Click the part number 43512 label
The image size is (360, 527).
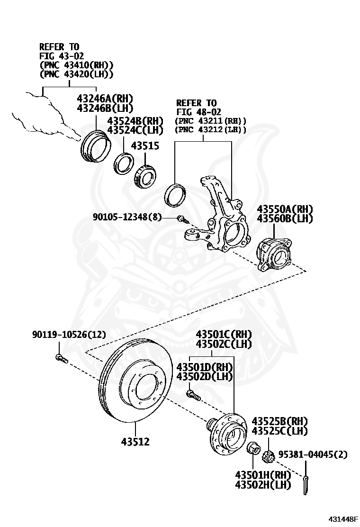pyautogui.click(x=135, y=442)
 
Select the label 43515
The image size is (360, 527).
pyautogui.click(x=145, y=146)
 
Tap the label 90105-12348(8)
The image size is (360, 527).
pyautogui.click(x=127, y=217)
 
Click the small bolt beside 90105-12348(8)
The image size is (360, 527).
pyautogui.click(x=181, y=219)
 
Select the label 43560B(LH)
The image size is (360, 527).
pyautogui.click(x=285, y=218)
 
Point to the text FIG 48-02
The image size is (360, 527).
pyautogui.click(x=196, y=112)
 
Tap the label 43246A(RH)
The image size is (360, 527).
pyautogui.click(x=104, y=98)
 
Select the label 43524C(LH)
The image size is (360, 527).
pyautogui.click(x=135, y=130)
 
